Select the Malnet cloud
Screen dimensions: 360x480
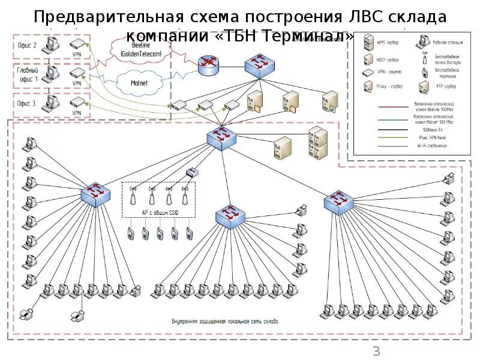139,83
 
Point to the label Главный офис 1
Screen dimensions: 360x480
27,74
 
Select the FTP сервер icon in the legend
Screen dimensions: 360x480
423,87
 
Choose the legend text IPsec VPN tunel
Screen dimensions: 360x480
434,137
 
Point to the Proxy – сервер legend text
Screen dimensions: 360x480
391,88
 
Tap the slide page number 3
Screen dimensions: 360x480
376,351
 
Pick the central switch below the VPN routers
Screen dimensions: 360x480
221,137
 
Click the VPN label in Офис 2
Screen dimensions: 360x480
76,54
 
